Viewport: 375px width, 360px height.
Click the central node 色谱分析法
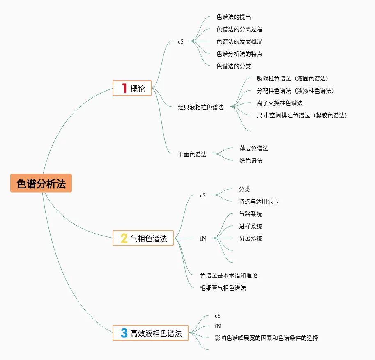pos(41,183)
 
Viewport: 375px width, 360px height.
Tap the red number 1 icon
pos(124,88)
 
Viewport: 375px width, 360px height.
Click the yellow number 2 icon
pos(124,238)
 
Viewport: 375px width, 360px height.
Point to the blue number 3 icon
pos(124,333)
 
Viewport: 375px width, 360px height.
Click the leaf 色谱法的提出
pos(234,17)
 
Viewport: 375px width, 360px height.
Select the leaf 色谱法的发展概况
pos(239,41)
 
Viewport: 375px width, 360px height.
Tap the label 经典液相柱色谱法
pos(201,107)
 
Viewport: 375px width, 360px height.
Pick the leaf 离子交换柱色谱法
pos(280,103)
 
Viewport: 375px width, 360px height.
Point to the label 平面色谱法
pos(192,154)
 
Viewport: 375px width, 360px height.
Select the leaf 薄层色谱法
pos(254,148)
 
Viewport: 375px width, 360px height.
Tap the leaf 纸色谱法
pos(251,161)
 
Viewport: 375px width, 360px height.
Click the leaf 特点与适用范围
pos(259,202)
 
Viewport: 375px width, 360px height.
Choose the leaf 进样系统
pos(251,226)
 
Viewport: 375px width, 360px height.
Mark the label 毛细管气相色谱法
pos(223,288)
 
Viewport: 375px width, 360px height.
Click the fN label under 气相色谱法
pos(203,238)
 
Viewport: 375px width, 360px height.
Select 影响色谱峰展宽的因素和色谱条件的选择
pos(267,338)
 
